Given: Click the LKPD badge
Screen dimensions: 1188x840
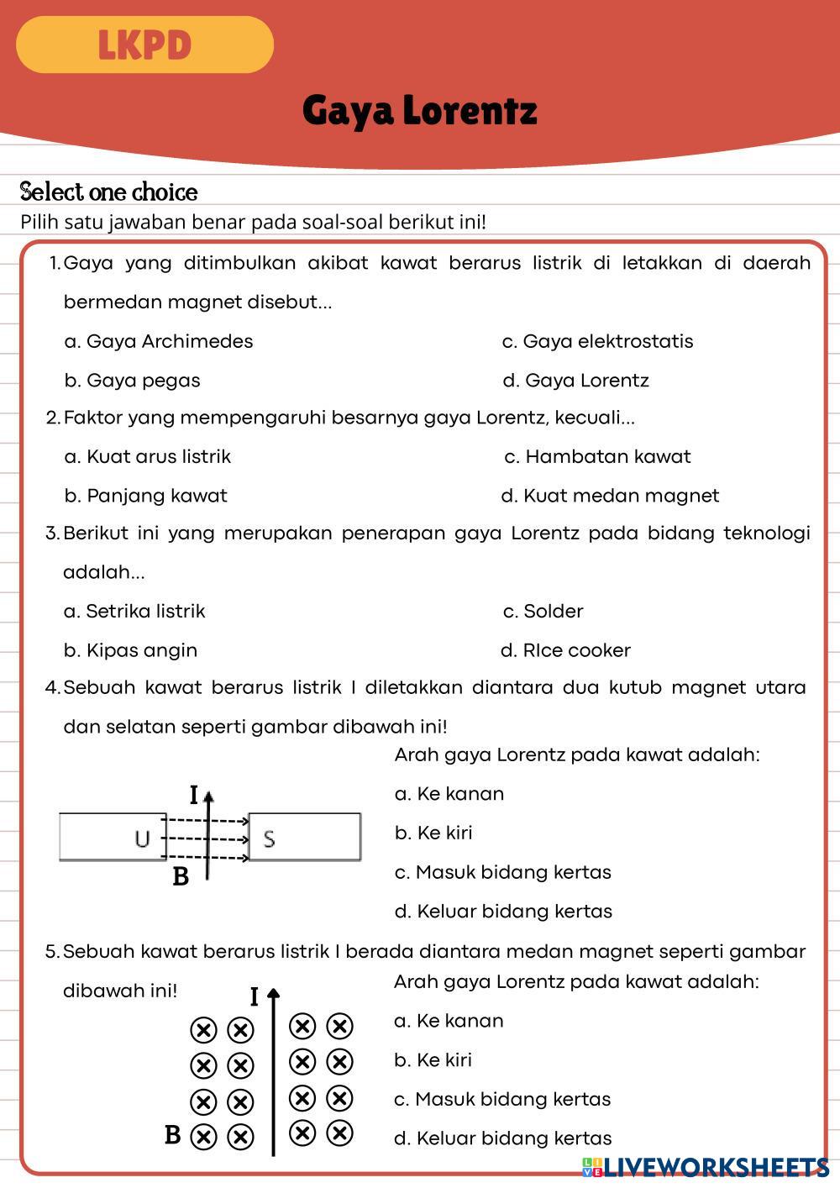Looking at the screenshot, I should (x=144, y=45).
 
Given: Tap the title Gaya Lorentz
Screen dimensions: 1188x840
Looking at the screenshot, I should (x=419, y=110).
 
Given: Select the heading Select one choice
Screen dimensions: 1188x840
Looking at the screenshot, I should (x=109, y=192).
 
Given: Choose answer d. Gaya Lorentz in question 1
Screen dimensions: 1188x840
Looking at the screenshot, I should (x=576, y=381).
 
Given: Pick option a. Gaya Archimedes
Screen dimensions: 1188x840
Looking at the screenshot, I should (x=159, y=341).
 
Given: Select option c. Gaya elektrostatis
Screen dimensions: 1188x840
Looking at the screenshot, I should (x=598, y=341).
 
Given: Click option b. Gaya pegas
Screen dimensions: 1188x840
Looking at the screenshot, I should (x=133, y=381).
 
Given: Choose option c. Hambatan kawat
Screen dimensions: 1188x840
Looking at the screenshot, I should (x=598, y=456).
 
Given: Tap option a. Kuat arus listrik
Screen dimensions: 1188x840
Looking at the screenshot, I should (x=148, y=456).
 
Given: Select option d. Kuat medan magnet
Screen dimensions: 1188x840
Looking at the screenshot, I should (x=610, y=496).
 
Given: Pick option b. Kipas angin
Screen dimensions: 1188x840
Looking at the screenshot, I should (x=131, y=650).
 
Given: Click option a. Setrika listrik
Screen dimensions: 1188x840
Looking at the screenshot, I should (x=134, y=611).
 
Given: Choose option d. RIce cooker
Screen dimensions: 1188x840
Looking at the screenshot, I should (x=565, y=650).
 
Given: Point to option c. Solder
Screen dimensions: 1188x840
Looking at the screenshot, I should (x=543, y=611).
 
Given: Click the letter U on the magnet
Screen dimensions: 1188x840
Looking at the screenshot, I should (x=142, y=838).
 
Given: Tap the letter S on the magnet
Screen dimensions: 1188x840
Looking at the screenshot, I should (x=269, y=838).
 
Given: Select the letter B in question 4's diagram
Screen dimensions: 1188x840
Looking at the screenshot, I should (x=181, y=877).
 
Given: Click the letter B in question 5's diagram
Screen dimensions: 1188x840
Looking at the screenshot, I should (x=173, y=1135).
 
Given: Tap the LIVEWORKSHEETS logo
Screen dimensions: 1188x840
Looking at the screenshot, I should (x=706, y=1166).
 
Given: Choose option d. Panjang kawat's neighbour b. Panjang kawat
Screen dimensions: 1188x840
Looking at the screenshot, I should (x=146, y=496).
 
